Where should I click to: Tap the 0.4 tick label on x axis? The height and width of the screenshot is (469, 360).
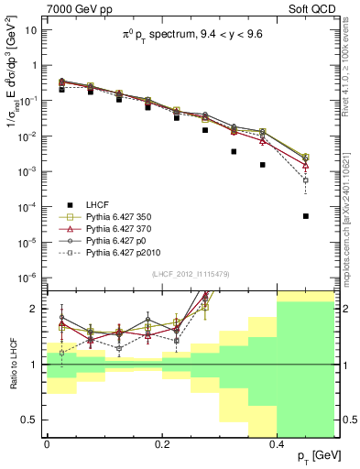(x=277, y=444)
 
